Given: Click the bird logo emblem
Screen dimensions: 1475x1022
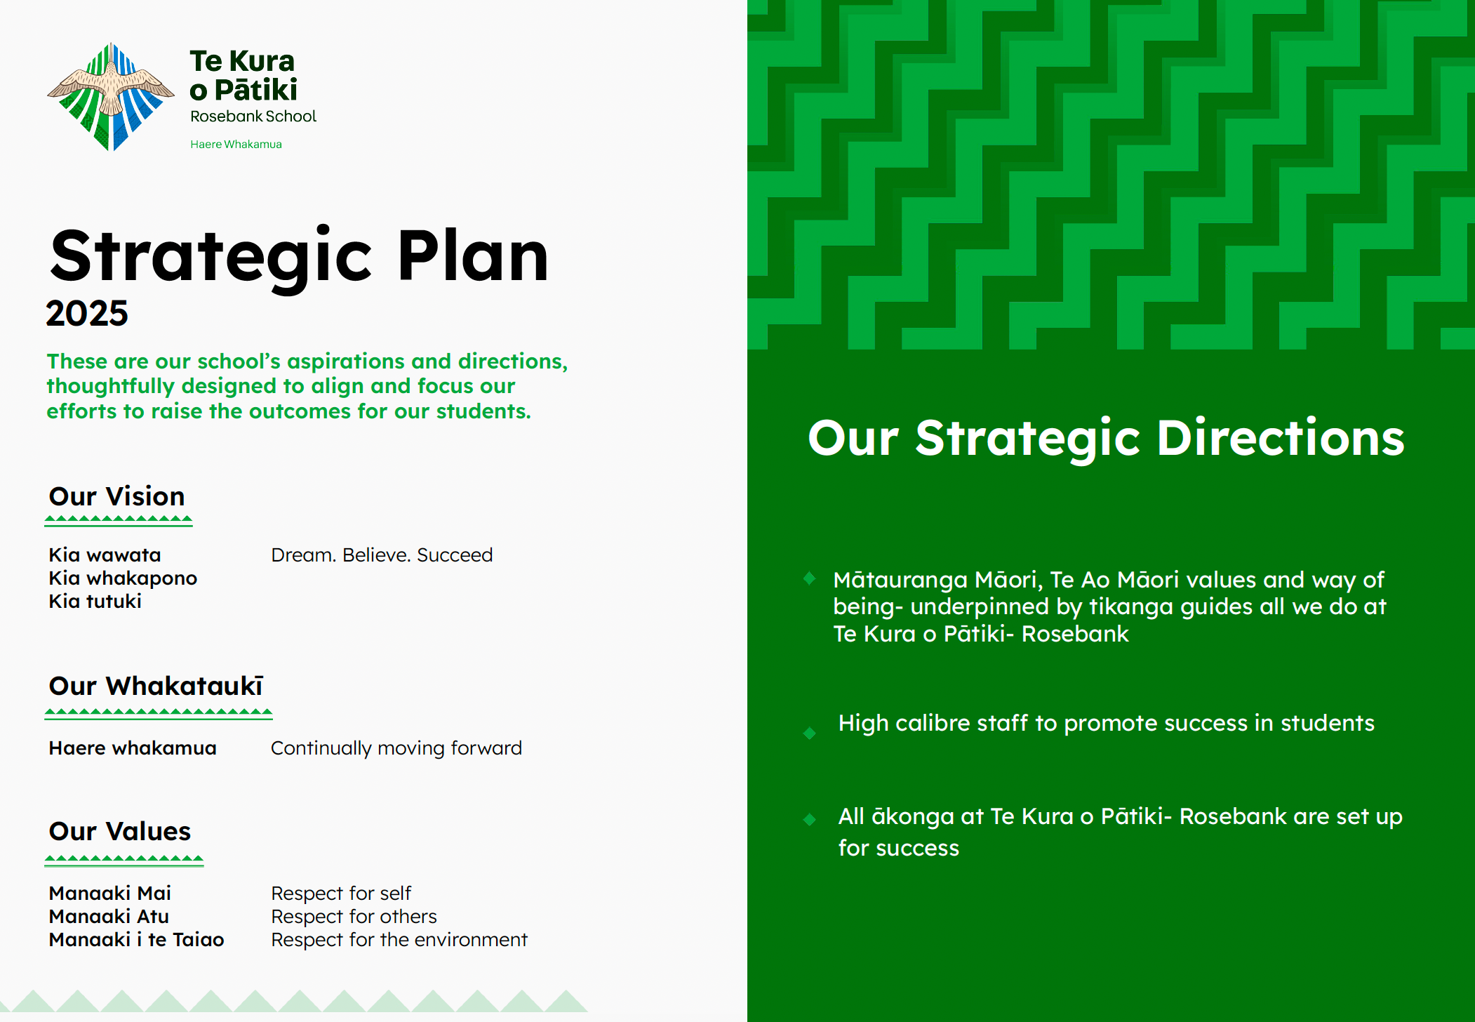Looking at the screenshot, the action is coord(111,96).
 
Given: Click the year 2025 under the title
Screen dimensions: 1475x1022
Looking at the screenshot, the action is coord(87,313).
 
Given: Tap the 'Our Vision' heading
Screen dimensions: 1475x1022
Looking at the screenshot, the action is coord(116,496).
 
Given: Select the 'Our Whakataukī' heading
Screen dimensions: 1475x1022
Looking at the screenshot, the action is coord(156,686).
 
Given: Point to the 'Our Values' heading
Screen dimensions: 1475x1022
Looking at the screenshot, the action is coord(119,831).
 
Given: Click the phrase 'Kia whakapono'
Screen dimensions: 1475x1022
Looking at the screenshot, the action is coord(123,578).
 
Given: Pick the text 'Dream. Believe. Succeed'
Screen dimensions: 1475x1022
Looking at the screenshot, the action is coord(382,555).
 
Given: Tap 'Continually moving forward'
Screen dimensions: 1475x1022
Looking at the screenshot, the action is coord(396,748).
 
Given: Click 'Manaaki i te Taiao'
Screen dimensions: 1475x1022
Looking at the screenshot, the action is coord(136,939).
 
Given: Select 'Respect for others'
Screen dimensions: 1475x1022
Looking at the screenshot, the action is coord(354,916).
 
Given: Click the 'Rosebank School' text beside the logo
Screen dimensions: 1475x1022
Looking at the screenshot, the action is coord(253,116).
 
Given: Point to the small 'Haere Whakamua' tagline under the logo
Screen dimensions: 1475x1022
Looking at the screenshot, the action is coord(236,144).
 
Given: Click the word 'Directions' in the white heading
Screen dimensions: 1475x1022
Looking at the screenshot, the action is coord(1281,437).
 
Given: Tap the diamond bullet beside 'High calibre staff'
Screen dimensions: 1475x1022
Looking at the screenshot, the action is coord(810,733).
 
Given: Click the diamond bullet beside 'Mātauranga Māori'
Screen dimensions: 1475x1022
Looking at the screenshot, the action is coord(810,578).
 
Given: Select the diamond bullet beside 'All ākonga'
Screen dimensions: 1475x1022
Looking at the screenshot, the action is coord(810,819).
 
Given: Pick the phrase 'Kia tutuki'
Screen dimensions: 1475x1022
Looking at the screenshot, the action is coord(95,602).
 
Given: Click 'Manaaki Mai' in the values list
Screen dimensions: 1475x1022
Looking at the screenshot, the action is coord(109,893).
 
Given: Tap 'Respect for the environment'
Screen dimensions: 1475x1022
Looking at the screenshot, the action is coord(399,939).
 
